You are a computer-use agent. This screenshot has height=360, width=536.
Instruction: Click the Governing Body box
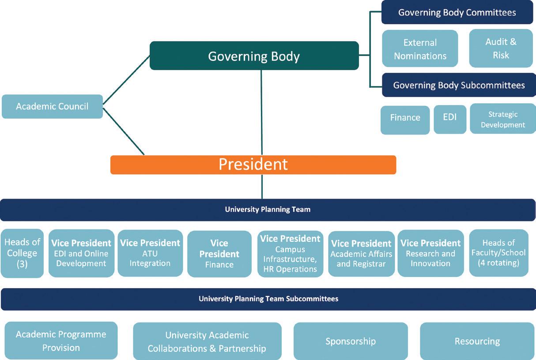254,56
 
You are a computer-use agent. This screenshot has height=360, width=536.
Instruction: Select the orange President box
253,165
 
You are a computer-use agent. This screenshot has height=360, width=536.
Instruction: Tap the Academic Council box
52,106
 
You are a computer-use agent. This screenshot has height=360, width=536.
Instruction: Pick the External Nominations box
420,49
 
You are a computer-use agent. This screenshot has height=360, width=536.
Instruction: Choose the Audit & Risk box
501,49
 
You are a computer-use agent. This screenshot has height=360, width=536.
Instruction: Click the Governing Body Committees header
457,12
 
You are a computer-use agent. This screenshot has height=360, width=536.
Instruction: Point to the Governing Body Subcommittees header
459,85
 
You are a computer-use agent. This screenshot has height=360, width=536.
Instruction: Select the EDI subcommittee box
449,118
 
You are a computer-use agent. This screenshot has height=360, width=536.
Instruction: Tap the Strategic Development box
502,120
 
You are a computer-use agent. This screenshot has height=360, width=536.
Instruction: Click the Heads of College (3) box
22,253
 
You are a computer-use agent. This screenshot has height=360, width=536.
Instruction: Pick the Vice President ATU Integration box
150,253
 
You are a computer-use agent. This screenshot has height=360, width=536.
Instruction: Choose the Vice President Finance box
219,254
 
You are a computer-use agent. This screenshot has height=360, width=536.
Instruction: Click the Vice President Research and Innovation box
430,253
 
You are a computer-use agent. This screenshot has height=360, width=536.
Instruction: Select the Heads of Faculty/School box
498,253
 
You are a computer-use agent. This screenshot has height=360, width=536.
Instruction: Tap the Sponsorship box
351,341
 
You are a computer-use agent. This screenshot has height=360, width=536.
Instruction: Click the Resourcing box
477,341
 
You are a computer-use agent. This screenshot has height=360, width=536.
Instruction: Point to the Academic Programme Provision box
61,341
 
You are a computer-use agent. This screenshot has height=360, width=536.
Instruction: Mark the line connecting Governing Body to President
261,112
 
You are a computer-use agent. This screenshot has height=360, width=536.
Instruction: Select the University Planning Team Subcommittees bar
268,299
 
